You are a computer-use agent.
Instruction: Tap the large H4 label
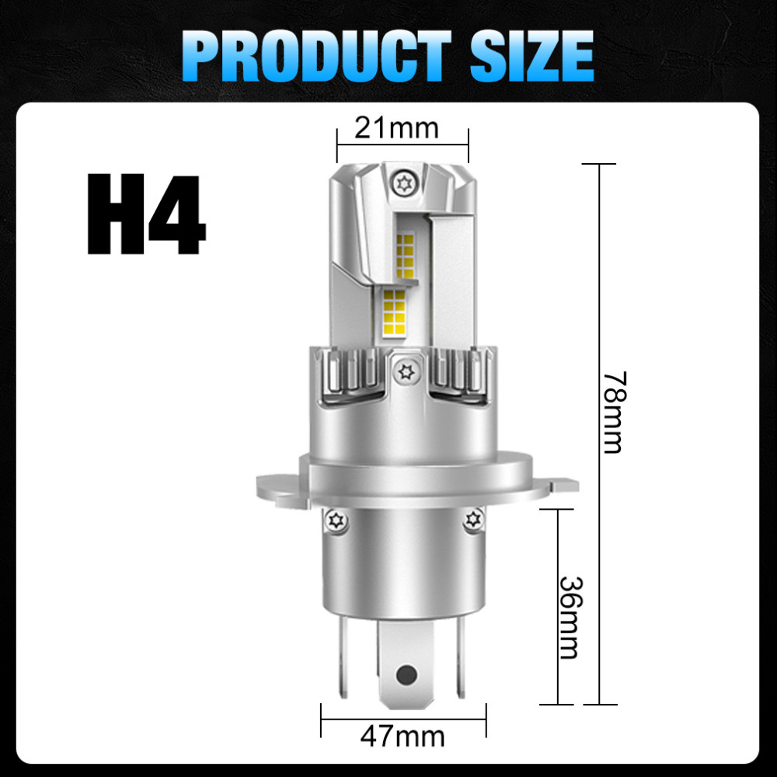point(145,216)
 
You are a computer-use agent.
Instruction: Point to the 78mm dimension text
point(614,412)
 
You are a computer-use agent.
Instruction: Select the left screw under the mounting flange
point(336,520)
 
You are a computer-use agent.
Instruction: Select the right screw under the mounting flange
point(472,520)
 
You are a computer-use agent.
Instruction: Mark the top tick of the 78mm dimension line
point(599,165)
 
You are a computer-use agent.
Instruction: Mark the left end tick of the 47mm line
point(322,722)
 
